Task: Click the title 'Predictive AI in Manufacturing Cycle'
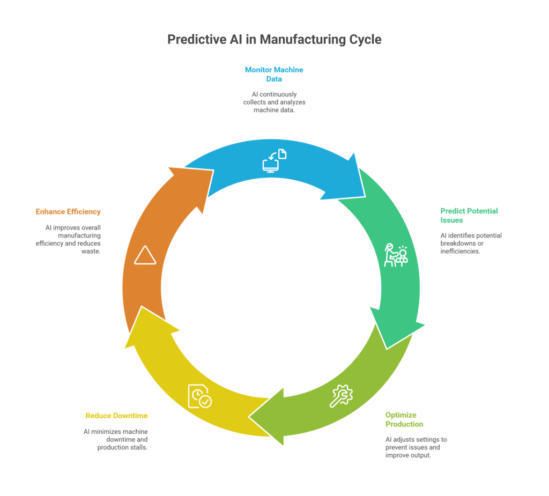coord(274,40)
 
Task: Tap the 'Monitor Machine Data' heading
coord(274,74)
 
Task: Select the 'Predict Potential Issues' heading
coord(461,216)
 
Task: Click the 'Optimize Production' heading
coord(404,419)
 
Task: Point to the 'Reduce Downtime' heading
coord(116,416)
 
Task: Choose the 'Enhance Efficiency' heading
coord(68,212)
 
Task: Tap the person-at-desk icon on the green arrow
coord(396,255)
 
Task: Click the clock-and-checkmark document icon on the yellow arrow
coord(199,396)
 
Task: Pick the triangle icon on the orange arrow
coord(145,255)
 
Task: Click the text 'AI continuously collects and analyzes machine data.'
coord(274,102)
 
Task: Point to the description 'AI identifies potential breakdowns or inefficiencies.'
coord(463,243)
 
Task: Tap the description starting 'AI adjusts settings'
coord(416,447)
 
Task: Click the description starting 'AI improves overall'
coord(73,239)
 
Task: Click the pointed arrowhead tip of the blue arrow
coord(365,197)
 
